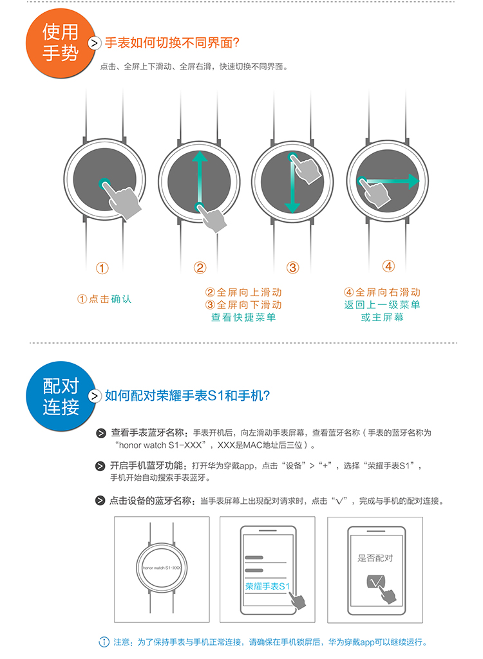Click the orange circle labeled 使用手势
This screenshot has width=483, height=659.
point(60,43)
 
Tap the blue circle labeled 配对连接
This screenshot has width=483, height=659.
point(60,396)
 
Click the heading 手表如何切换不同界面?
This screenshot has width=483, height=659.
point(172,42)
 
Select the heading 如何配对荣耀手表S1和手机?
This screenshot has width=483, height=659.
point(187,396)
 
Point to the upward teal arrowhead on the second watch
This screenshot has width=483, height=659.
point(200,156)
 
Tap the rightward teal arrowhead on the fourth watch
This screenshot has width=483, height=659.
point(414,181)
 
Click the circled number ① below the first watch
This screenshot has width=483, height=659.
point(102,268)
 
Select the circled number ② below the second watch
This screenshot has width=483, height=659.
point(200,268)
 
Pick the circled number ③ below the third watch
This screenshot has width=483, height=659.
point(293,268)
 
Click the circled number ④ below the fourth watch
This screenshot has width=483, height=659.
point(388,266)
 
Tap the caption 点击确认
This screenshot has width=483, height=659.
point(110,299)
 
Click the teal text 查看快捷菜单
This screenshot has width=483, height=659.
point(243,317)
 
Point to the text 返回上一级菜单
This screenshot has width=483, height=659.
point(382,304)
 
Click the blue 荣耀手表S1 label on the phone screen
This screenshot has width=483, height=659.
point(268,586)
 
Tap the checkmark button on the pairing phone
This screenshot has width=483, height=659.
point(375,581)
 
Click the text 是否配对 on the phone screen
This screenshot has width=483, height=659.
point(375,558)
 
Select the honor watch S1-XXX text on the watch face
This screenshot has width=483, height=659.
point(162,568)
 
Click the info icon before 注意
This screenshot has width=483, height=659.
point(104,642)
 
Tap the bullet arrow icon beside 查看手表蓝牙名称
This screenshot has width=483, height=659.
point(101,433)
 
